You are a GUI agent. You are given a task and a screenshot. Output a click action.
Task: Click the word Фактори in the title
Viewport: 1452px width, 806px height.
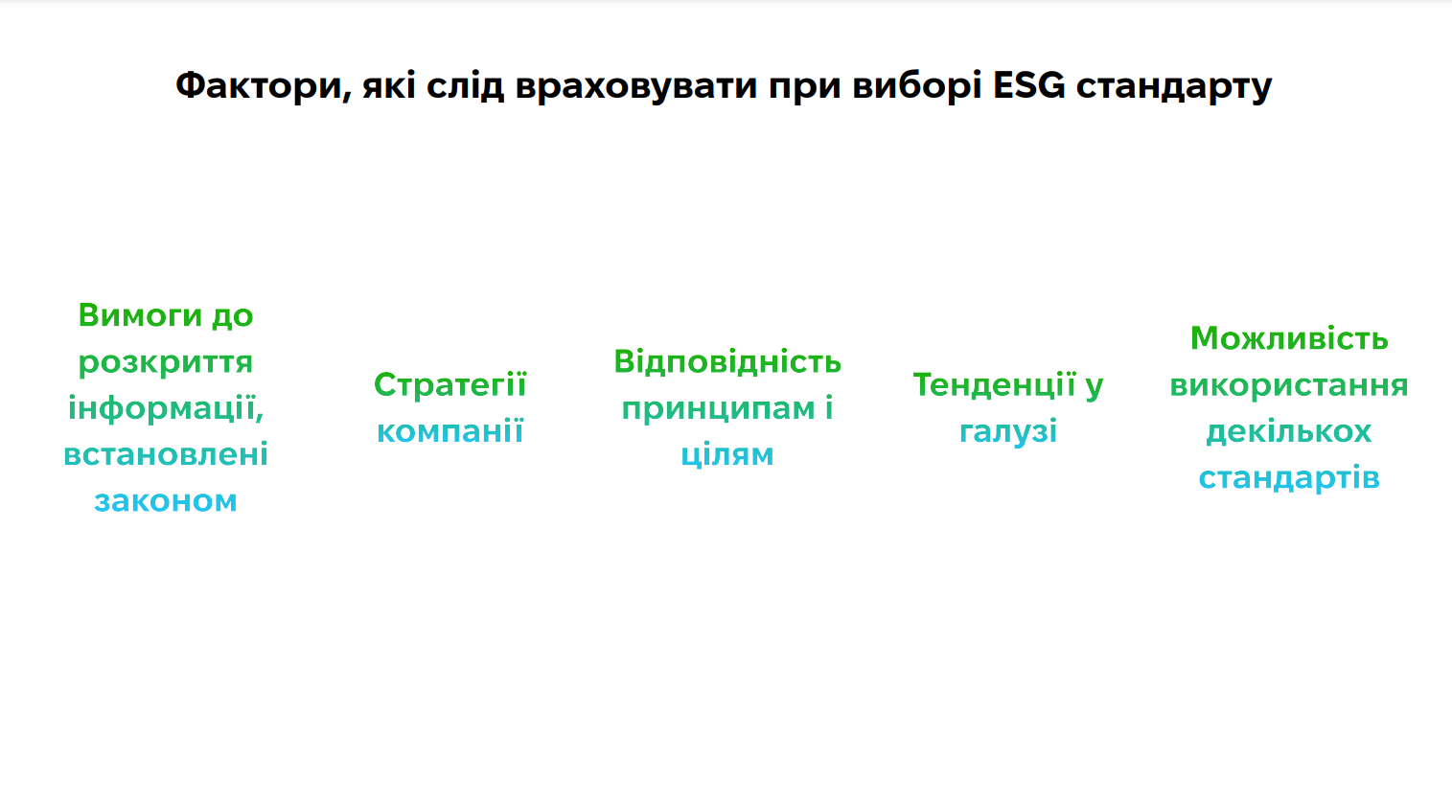(x=264, y=85)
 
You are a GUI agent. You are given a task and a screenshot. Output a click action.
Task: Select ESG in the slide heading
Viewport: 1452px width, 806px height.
(x=1028, y=85)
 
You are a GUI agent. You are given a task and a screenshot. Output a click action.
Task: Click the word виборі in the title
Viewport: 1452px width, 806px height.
(x=916, y=85)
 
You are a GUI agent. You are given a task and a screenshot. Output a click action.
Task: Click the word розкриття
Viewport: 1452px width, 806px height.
(x=165, y=362)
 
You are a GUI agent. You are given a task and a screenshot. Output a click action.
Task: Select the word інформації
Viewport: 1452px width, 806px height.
(x=165, y=408)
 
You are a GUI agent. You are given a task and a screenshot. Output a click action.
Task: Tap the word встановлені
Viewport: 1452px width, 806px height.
(x=165, y=454)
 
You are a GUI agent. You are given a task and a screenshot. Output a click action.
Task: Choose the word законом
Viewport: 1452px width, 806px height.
(x=165, y=501)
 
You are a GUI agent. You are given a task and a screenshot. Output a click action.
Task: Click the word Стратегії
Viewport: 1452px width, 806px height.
(x=449, y=385)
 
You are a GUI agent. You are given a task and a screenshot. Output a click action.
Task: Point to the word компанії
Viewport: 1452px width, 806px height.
(x=449, y=430)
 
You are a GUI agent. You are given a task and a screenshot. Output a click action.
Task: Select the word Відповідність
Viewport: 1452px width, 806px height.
(x=727, y=362)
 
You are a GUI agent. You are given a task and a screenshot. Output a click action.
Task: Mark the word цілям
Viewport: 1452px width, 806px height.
(x=727, y=454)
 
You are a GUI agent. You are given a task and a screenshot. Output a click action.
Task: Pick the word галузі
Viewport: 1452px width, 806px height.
(x=1008, y=432)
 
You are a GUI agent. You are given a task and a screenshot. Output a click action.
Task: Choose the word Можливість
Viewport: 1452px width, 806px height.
(x=1289, y=338)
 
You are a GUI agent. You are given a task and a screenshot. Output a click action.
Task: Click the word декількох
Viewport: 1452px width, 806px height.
(x=1289, y=432)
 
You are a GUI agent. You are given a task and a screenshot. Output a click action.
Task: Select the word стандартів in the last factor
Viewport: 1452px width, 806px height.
(x=1289, y=478)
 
